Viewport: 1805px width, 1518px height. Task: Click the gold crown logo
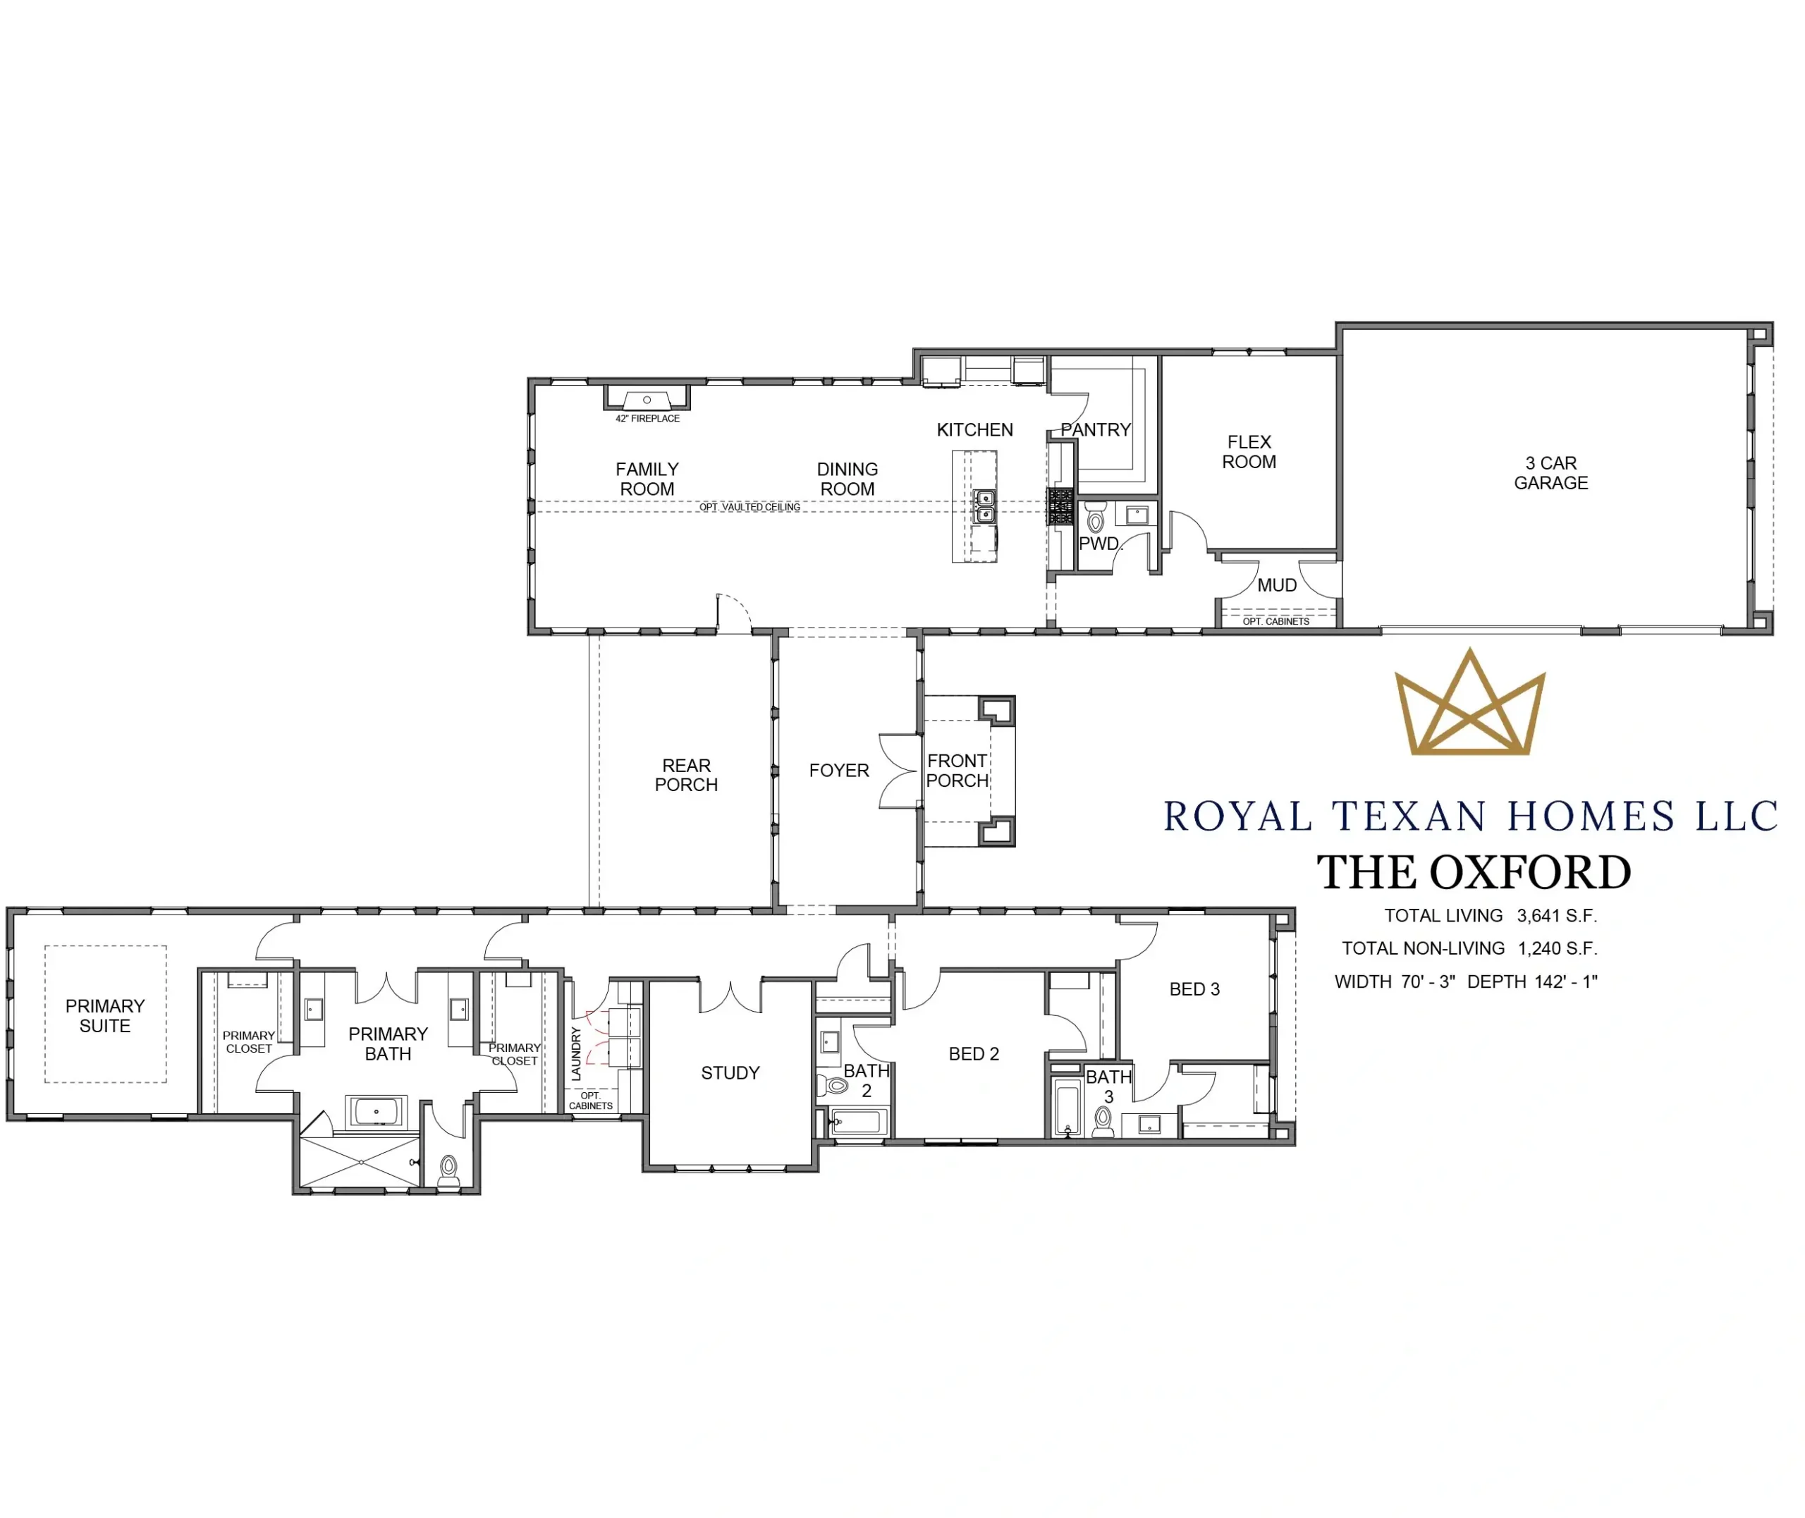coord(1469,703)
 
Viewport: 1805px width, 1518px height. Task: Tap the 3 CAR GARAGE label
coord(1550,473)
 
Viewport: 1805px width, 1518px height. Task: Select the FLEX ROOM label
coord(1249,452)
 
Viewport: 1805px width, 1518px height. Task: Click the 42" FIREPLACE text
coord(647,419)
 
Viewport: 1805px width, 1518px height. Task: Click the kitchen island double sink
coord(984,506)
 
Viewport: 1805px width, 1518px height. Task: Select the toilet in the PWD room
coord(1095,519)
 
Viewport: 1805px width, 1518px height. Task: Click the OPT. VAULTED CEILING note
coord(749,508)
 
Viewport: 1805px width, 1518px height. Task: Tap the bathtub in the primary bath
coord(376,1111)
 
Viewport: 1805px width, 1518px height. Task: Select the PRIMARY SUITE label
coord(105,1016)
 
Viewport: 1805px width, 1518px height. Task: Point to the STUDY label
coord(730,1073)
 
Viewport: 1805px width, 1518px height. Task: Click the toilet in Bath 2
coord(833,1086)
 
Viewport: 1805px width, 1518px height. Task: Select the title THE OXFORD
coord(1474,873)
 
